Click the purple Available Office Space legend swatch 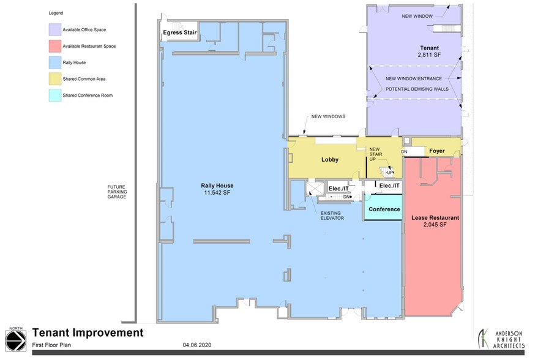click(55, 29)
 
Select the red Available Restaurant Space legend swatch click(55, 45)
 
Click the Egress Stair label click(179, 33)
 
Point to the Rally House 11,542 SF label click(217, 189)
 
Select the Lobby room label click(330, 160)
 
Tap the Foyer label click(436, 151)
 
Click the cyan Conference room click(384, 209)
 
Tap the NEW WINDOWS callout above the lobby click(329, 116)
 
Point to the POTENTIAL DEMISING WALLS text click(416, 89)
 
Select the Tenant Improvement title click(88, 333)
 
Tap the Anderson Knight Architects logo click(499, 339)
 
